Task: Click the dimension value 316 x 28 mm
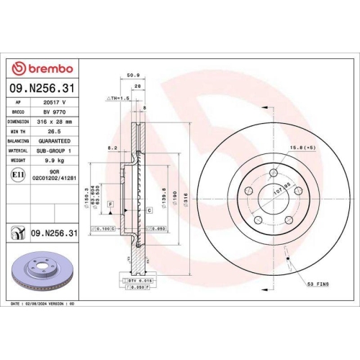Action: pos(50,122)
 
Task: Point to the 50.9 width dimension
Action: pos(132,74)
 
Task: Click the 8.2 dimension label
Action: pos(112,147)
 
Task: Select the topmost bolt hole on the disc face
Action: pos(274,173)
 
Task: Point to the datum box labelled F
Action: pos(110,205)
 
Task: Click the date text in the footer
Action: pos(43,304)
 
